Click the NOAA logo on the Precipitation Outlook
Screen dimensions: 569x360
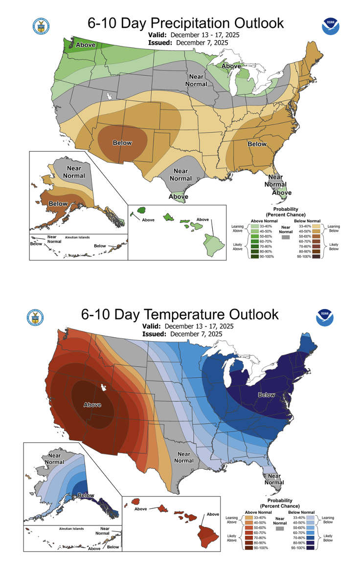(x=331, y=26)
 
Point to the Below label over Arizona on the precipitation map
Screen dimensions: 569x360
(x=122, y=143)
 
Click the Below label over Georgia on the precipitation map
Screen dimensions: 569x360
(x=257, y=144)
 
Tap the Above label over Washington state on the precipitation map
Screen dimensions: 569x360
(x=86, y=45)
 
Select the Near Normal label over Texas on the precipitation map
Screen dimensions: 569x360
(x=180, y=175)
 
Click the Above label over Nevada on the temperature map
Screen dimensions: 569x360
(x=92, y=404)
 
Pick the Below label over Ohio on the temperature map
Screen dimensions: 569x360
(x=267, y=394)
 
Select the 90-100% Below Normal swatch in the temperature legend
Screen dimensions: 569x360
(x=316, y=547)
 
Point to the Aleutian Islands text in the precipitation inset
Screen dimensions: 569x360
(x=78, y=237)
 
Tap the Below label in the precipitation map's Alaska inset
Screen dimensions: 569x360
(x=58, y=203)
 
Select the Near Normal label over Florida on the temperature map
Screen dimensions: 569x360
(x=274, y=479)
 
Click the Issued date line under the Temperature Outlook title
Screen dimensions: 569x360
(x=182, y=334)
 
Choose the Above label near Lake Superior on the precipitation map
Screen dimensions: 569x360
(x=231, y=66)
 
